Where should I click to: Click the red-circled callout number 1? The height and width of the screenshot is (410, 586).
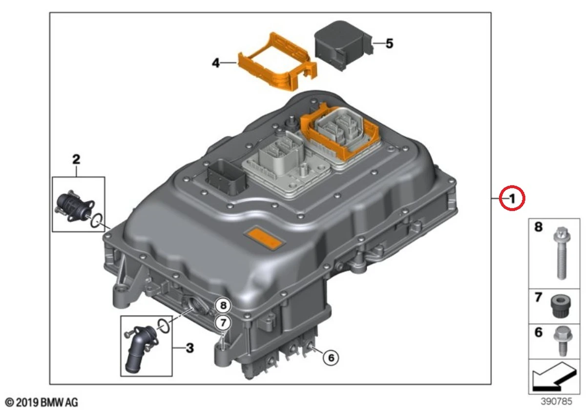tap(511, 198)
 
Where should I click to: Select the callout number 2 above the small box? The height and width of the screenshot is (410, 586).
tap(76, 159)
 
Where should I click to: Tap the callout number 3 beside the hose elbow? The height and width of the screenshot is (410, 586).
tap(189, 348)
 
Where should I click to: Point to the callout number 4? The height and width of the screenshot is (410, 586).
tap(216, 62)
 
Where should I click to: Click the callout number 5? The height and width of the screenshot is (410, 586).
tap(389, 43)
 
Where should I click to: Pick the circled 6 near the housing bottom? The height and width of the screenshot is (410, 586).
tap(331, 358)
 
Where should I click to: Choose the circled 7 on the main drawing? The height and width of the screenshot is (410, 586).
tap(223, 322)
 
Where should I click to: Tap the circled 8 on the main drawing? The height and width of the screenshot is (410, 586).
tap(223, 306)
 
